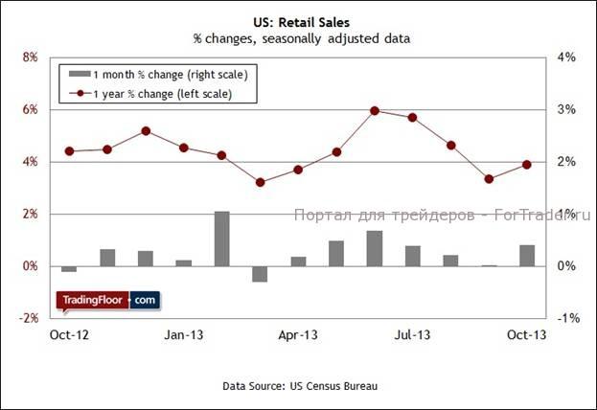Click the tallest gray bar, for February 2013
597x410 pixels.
[221, 239]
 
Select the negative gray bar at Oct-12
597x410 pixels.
[68, 269]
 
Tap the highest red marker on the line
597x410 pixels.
[375, 110]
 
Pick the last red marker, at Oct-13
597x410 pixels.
[527, 165]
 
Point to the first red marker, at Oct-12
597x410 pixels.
[68, 151]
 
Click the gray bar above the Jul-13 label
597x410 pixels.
[413, 256]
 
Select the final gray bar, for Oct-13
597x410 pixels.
[527, 255]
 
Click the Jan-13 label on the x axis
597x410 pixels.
[183, 334]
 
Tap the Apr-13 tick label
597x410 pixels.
[298, 334]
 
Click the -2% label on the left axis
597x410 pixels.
[28, 318]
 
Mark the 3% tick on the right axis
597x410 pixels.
[566, 110]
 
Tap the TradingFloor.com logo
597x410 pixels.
[108, 301]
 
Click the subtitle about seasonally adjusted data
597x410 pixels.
[299, 39]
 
